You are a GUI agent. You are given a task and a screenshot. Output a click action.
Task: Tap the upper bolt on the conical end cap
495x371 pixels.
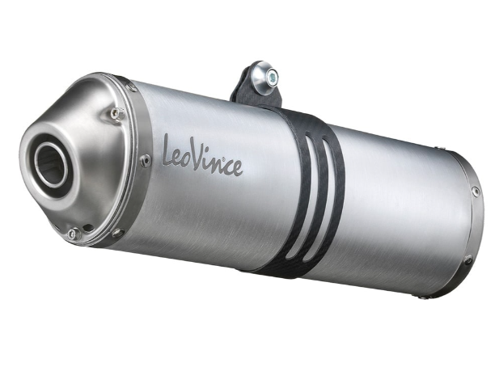(116, 112)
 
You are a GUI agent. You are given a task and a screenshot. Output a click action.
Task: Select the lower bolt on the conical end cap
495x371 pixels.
(72, 233)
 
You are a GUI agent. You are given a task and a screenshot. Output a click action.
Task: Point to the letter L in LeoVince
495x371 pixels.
(170, 150)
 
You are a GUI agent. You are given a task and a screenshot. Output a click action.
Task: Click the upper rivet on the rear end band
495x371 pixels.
(475, 192)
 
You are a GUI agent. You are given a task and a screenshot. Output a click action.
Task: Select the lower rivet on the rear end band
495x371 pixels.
(467, 260)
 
